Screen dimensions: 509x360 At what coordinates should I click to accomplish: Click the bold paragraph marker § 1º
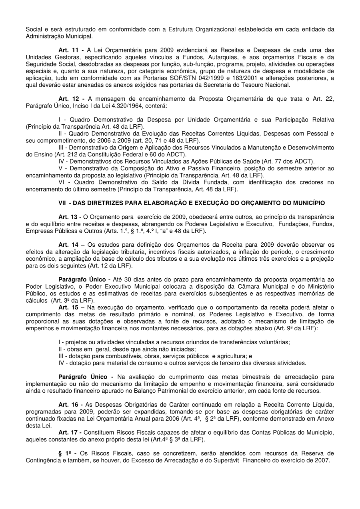click(66, 453)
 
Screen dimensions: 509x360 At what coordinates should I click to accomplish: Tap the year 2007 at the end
click(323, 460)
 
